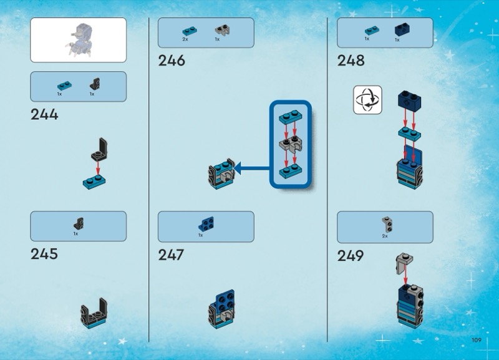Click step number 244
(44, 114)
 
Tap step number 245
(44, 254)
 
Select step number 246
(172, 61)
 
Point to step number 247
(171, 255)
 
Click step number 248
(351, 61)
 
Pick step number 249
(351, 256)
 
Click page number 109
(477, 340)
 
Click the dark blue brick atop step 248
(409, 100)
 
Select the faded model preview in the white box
(79, 39)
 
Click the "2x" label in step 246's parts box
(185, 39)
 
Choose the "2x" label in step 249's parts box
(385, 236)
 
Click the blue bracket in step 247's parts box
(205, 223)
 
